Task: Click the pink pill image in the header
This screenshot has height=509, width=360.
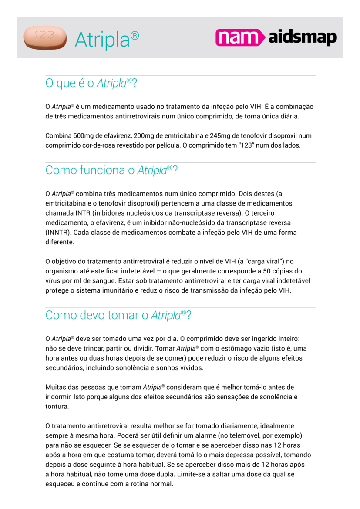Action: click(x=45, y=37)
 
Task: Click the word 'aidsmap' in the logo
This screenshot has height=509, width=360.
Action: click(x=303, y=38)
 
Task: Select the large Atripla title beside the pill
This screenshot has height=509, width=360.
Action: click(x=107, y=40)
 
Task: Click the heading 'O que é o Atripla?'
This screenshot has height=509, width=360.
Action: click(x=91, y=83)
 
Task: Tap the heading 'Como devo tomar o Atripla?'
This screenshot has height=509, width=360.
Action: click(x=118, y=315)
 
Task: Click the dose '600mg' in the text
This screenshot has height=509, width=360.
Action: click(x=82, y=136)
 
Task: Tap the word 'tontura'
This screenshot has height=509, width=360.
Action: click(x=57, y=407)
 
